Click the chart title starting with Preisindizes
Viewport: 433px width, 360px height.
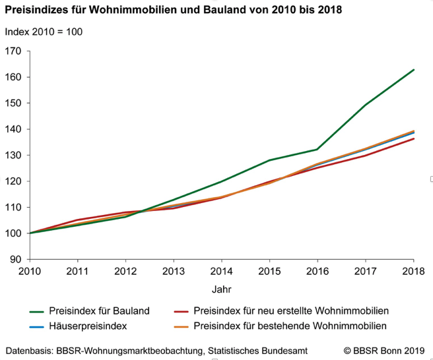[x=175, y=11]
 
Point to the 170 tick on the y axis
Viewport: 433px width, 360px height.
[x=13, y=51]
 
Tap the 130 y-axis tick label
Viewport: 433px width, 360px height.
[x=13, y=156]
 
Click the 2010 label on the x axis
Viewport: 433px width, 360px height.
[x=30, y=270]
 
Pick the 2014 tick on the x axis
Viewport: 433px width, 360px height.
[x=221, y=270]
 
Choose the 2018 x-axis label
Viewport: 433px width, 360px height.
[x=413, y=270]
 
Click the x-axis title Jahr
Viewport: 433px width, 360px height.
[x=221, y=289]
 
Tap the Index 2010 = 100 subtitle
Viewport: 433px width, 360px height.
[x=44, y=32]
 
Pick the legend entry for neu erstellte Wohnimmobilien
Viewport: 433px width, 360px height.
[x=291, y=311]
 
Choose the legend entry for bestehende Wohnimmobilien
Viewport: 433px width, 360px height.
[x=290, y=326]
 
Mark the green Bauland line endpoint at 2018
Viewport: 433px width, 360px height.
[x=413, y=70]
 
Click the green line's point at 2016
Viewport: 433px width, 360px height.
[x=317, y=149]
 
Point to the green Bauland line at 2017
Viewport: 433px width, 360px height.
[x=366, y=105]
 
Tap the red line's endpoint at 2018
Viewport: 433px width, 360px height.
[x=413, y=138]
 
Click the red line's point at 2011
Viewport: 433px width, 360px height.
[x=78, y=220]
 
